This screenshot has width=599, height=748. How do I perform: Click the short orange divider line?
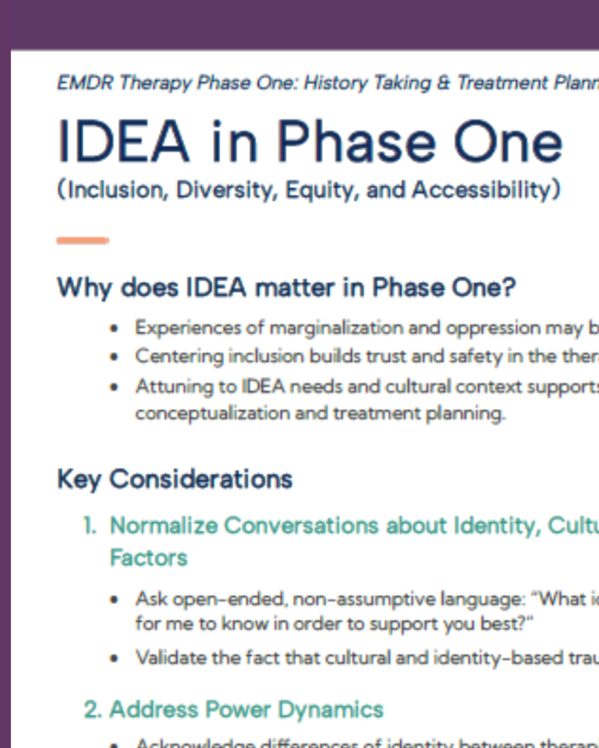coord(83,241)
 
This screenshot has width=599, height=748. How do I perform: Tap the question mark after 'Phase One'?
coord(508,288)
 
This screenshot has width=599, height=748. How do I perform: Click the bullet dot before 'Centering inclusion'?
coord(115,358)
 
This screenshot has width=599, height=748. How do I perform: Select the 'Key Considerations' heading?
coord(175,478)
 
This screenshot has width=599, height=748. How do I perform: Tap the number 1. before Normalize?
coord(91,526)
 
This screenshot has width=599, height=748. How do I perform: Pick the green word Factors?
coord(148,558)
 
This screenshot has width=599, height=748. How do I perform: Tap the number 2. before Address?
coord(93,709)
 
